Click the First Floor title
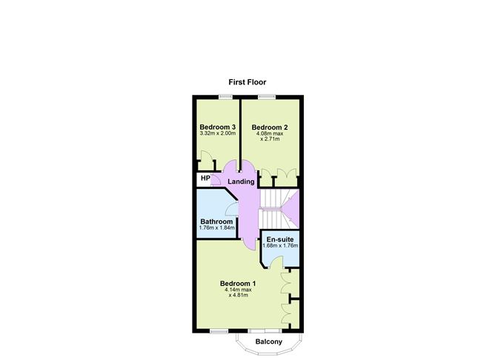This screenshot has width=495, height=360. point(247,82)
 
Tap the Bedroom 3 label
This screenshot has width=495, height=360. point(218,127)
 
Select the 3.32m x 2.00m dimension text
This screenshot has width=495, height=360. point(218,133)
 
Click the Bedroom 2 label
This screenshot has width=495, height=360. point(270,127)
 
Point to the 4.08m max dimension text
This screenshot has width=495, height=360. point(270,133)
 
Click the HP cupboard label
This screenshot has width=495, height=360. point(205,179)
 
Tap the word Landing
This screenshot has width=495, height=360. point(241,181)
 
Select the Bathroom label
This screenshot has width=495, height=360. point(216,221)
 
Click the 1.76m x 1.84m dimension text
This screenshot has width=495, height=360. point(216,227)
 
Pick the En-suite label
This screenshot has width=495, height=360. point(279,239)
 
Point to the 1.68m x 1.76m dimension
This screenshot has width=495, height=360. point(280,245)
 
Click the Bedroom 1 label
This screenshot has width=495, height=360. point(238,283)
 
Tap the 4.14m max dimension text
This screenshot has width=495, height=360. point(238,290)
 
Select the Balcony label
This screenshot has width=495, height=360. point(269,341)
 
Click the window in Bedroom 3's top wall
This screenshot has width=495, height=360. point(226,97)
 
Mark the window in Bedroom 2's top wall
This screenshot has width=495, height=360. point(267,97)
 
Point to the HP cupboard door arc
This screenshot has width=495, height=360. point(216,179)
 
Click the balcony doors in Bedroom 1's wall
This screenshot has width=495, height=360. point(265,330)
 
